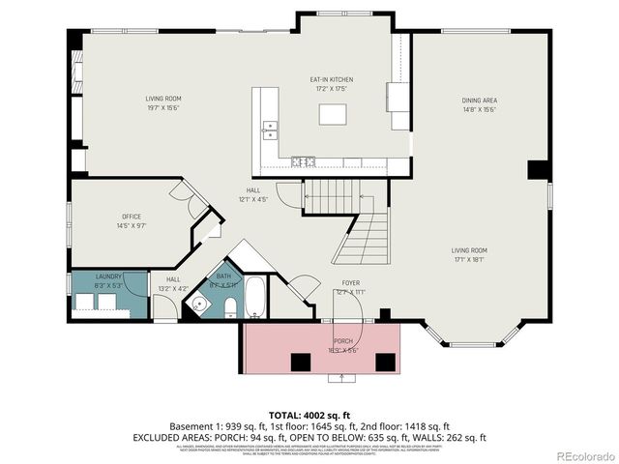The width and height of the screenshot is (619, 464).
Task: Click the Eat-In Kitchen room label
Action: point(331,84)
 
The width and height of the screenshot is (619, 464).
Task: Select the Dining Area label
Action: point(479,104)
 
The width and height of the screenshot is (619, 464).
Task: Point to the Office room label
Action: point(133,220)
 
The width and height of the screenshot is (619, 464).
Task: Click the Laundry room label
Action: point(108,280)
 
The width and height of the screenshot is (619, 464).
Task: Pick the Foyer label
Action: point(349,287)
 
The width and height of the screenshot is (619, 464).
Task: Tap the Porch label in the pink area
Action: point(343,345)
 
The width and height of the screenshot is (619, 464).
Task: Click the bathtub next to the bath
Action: point(255,299)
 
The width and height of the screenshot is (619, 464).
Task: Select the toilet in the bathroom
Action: point(230,307)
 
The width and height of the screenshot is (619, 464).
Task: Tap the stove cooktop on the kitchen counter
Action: point(303,161)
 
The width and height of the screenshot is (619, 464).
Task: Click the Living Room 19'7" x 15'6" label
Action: point(163,102)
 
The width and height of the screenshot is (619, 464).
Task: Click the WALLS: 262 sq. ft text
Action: point(449,437)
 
